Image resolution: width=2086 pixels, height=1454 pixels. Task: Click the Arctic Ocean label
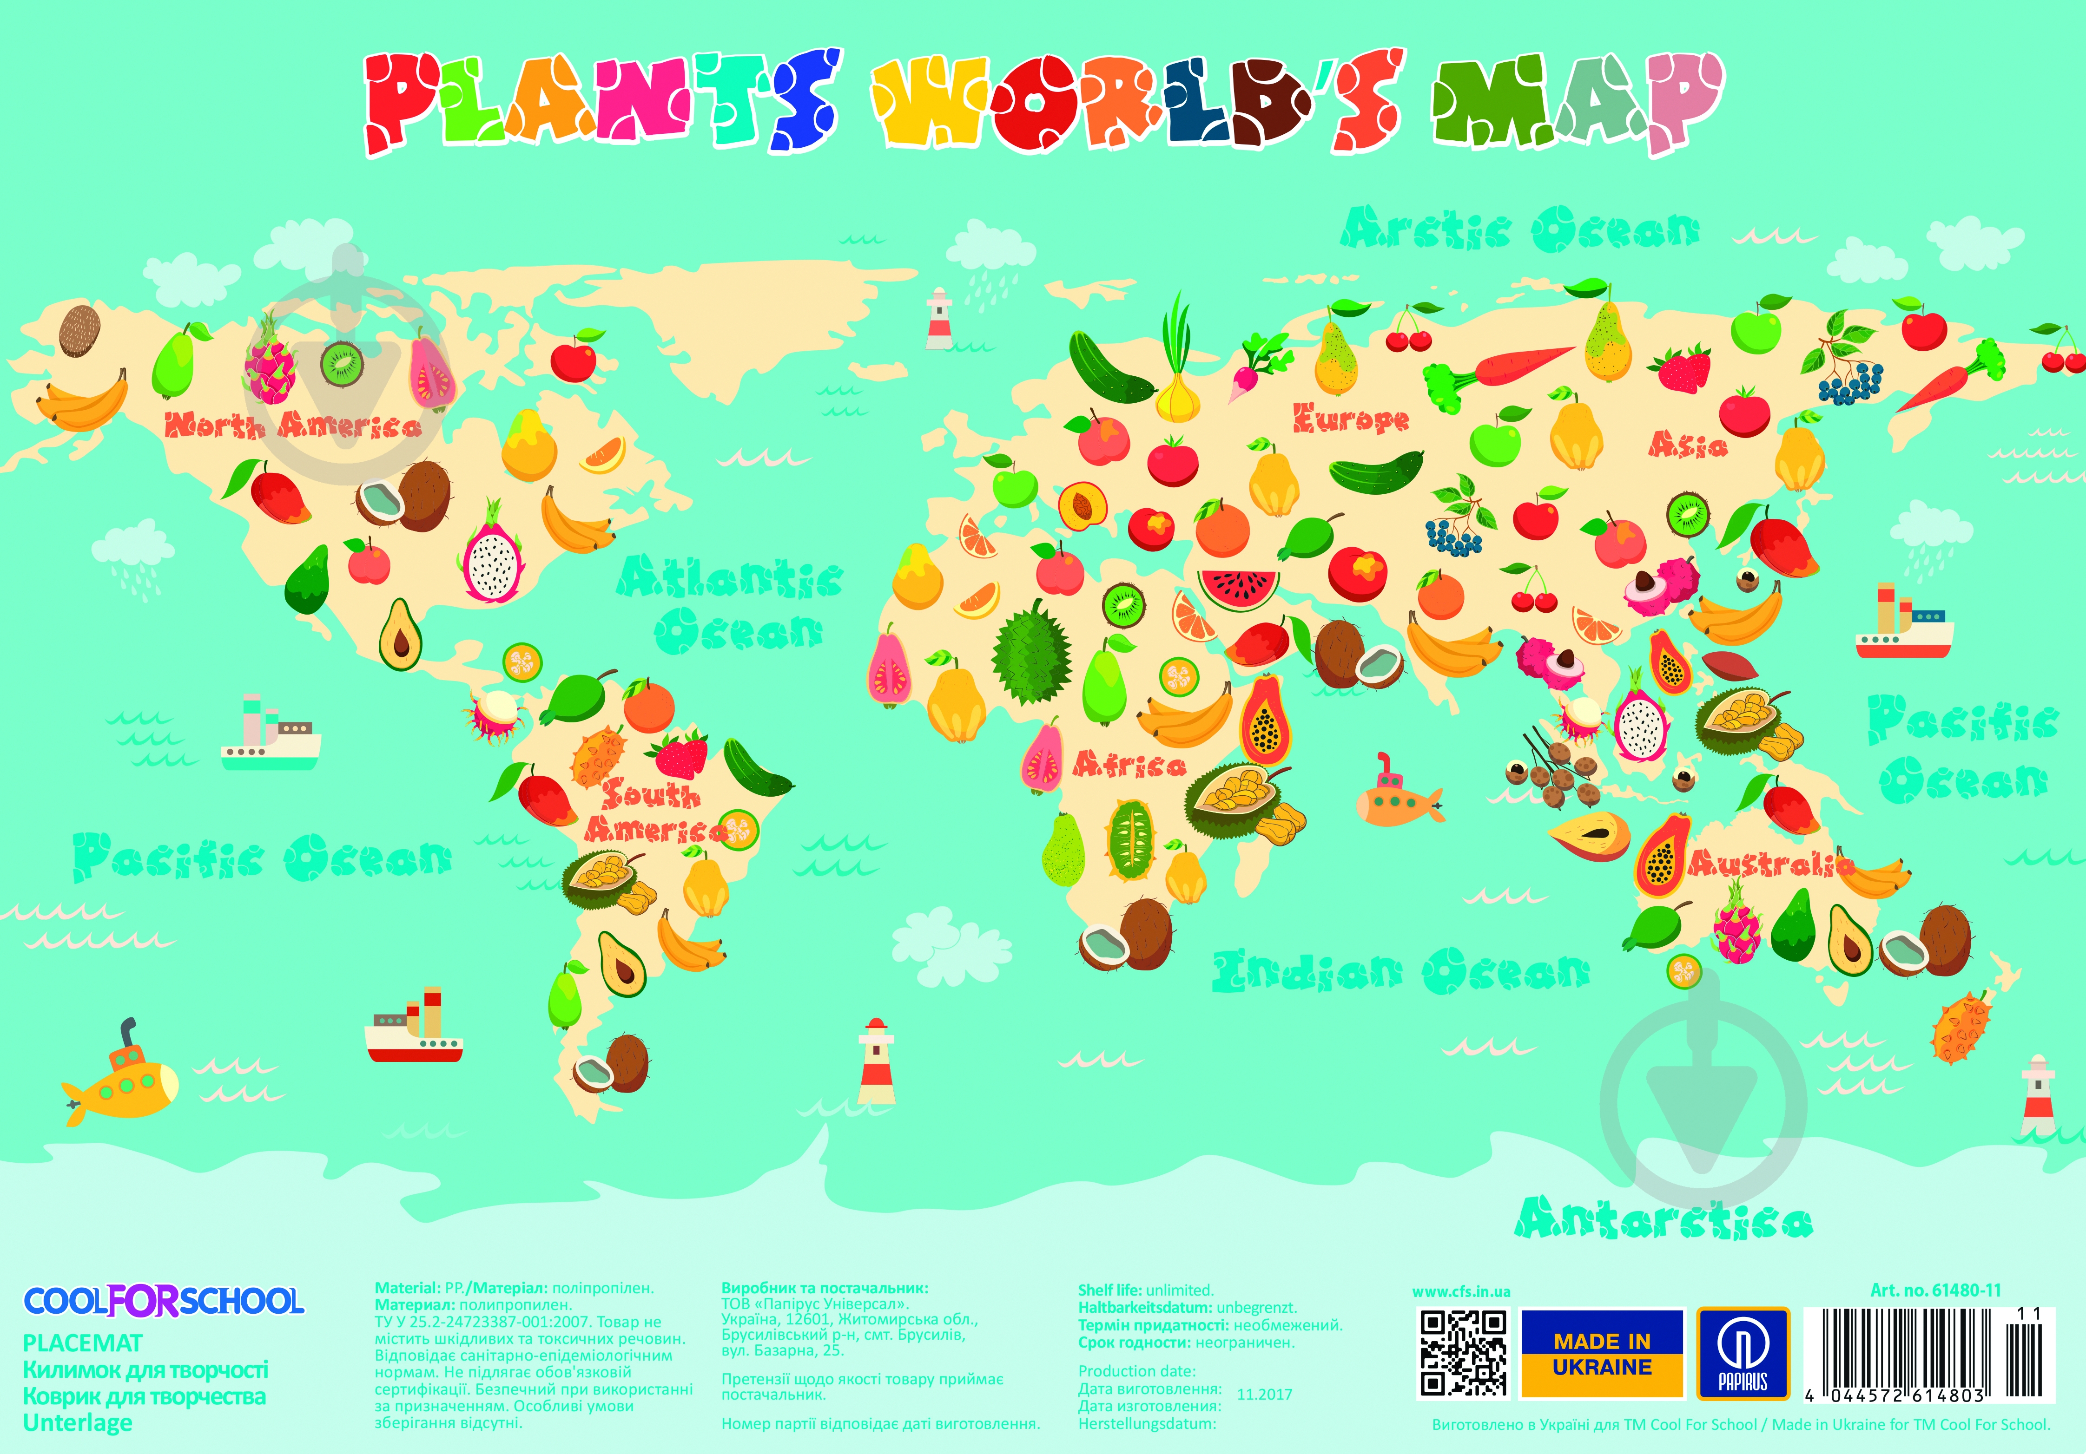click(x=1519, y=229)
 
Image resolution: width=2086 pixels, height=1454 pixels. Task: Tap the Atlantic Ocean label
click(x=732, y=604)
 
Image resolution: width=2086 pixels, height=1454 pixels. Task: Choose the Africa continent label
click(x=1129, y=765)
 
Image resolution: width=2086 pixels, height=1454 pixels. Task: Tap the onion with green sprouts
click(x=1177, y=373)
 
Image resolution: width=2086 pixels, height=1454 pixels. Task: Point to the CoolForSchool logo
click(x=164, y=1301)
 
